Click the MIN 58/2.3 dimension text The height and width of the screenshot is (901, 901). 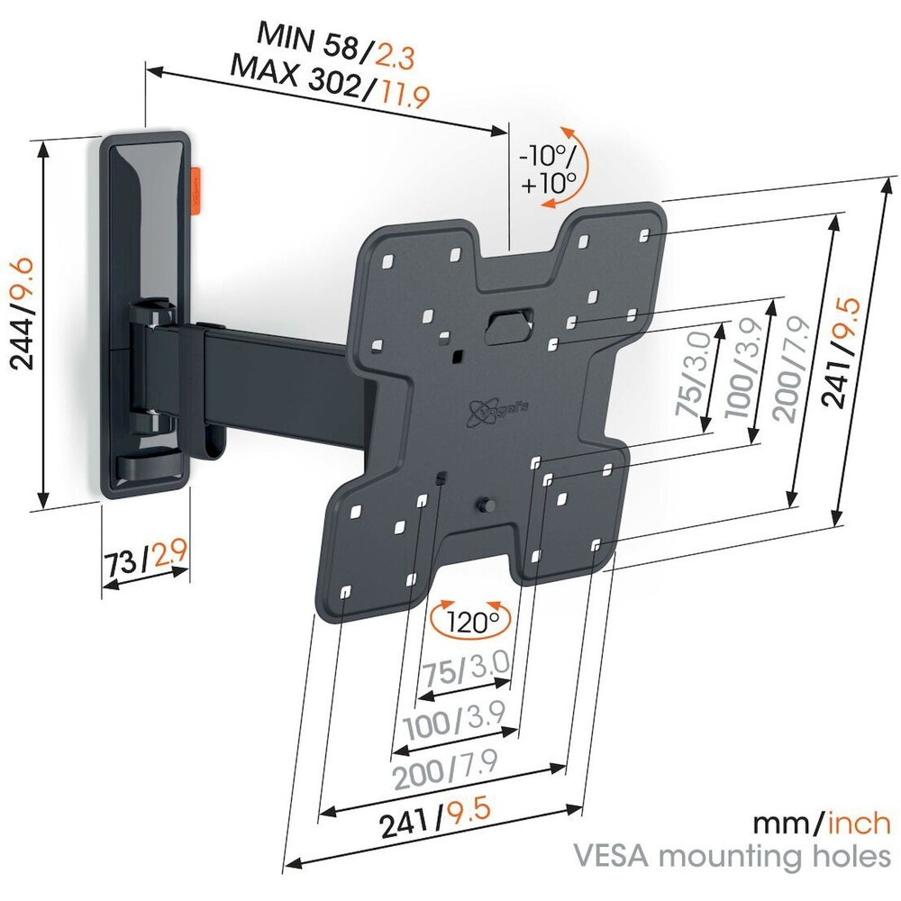coord(335,37)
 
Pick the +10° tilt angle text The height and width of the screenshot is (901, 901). coord(548,185)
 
